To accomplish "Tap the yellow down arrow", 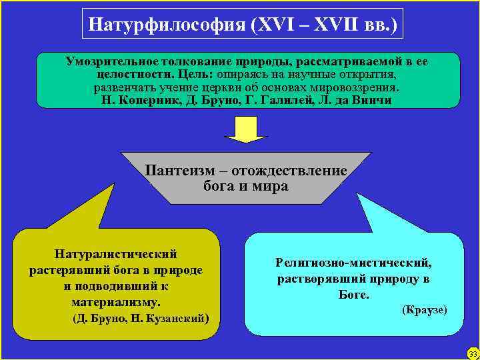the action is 245,129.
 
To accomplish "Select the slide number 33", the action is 473,353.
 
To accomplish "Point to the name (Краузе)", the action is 425,310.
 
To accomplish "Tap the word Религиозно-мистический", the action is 353,263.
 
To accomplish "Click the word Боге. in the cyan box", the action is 353,294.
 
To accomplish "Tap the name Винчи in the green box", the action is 373,101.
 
